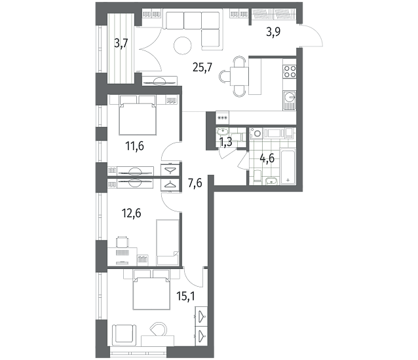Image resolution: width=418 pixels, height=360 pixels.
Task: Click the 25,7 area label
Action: coord(202,67)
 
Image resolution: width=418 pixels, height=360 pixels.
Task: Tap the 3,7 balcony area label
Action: coord(121,43)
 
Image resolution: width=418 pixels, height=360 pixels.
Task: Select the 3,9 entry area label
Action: coord(273,32)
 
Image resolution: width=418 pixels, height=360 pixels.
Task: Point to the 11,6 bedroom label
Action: coord(134,146)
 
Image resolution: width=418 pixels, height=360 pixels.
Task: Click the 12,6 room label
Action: coord(131,213)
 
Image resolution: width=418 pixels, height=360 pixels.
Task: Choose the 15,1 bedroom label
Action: coord(186,296)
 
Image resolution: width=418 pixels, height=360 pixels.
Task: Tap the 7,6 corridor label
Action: coord(195,183)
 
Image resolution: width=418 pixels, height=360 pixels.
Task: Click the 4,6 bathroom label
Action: coord(267,159)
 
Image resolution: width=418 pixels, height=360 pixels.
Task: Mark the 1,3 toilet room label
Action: coord(225,142)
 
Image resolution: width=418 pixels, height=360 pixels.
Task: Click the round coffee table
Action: coord(183,46)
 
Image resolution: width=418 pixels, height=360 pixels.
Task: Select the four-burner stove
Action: coord(290,71)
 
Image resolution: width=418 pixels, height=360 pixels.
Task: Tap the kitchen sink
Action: coord(290,101)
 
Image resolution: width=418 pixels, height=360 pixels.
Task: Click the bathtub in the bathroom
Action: coord(288,166)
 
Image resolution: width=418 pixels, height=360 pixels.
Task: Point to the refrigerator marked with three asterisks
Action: coord(222,117)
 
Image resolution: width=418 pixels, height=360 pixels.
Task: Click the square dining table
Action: coord(239,76)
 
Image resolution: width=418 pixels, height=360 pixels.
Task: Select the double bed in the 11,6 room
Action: coord(138,115)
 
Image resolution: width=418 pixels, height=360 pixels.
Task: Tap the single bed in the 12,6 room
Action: coord(168,242)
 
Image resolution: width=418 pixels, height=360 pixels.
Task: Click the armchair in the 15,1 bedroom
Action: coord(124,335)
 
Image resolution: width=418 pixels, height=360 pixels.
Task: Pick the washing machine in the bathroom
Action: coord(257,133)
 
